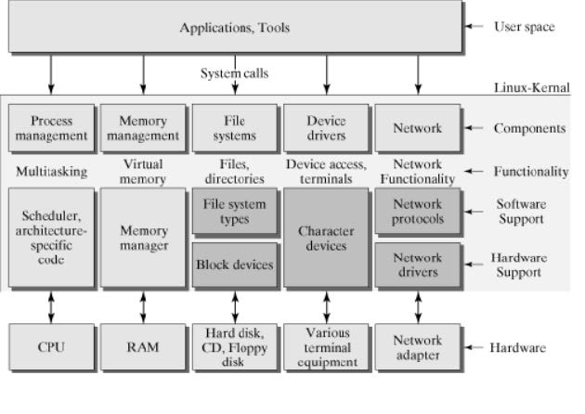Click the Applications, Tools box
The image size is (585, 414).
pyautogui.click(x=234, y=28)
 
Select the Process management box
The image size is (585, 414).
pyautogui.click(x=51, y=128)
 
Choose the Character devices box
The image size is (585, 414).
pyautogui.click(x=325, y=238)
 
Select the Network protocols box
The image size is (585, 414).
pyautogui.click(x=417, y=212)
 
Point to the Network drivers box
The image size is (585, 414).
pyautogui.click(x=417, y=265)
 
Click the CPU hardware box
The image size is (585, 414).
pyautogui.click(x=51, y=348)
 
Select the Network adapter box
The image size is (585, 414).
pyautogui.click(x=417, y=348)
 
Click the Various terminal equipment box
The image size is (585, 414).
pyautogui.click(x=325, y=348)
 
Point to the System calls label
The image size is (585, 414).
pyautogui.click(x=233, y=72)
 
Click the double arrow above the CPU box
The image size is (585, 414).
pyautogui.click(x=51, y=305)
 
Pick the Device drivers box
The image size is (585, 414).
pyautogui.click(x=325, y=128)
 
